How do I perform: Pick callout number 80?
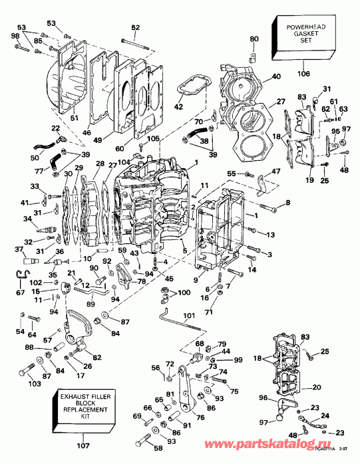tap(253, 39)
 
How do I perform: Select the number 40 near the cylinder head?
tap(276, 77)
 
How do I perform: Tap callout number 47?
tap(275, 172)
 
